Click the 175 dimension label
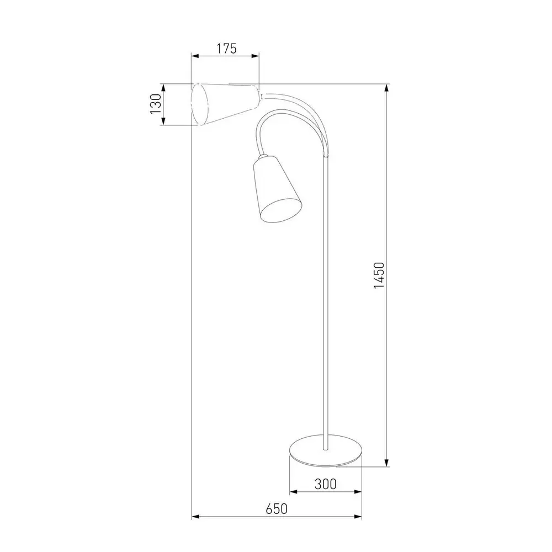point(226,49)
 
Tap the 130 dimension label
point(156,104)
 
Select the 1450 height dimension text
point(379,275)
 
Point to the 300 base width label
point(325,485)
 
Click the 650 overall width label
point(277,509)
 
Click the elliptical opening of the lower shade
point(282,210)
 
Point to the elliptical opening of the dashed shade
point(200,104)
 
